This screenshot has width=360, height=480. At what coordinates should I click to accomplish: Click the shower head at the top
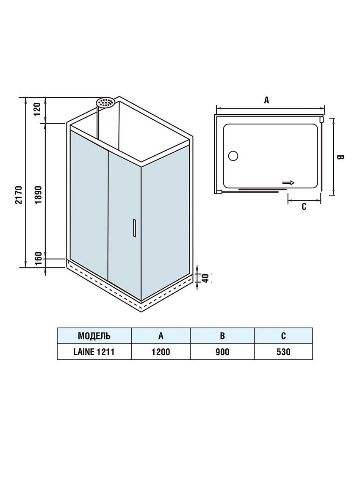click(x=105, y=102)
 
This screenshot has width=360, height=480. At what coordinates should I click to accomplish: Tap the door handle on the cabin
click(x=134, y=228)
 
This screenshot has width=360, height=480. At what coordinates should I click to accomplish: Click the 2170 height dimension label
click(x=19, y=195)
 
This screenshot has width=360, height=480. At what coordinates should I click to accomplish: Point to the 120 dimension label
click(x=37, y=109)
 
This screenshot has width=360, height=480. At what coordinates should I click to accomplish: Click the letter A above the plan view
click(x=266, y=100)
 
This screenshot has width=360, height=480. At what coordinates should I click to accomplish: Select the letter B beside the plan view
click(x=340, y=157)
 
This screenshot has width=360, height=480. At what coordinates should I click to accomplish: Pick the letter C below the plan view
click(x=304, y=207)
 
